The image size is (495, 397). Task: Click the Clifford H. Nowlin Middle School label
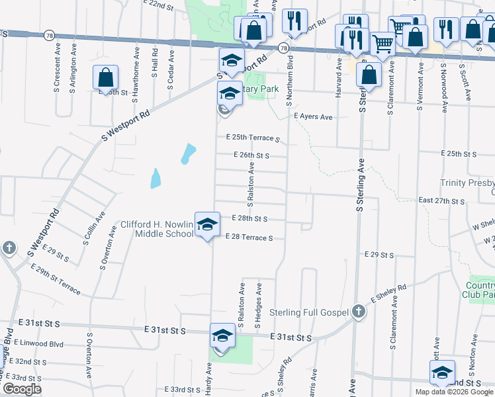pos(156,229)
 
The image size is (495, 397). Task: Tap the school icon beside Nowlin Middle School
pos(207,225)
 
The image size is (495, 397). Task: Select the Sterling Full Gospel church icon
pos(358,311)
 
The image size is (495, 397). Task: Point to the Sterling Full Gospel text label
pos(309,312)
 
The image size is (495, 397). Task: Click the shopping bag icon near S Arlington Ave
pos(106,79)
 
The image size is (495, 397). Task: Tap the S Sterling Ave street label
pos(361,185)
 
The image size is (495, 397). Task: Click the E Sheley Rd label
pos(388,294)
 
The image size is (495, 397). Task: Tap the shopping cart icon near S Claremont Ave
pos(383,44)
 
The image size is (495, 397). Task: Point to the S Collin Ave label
pos(93,229)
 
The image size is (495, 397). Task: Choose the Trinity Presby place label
pos(467,183)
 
